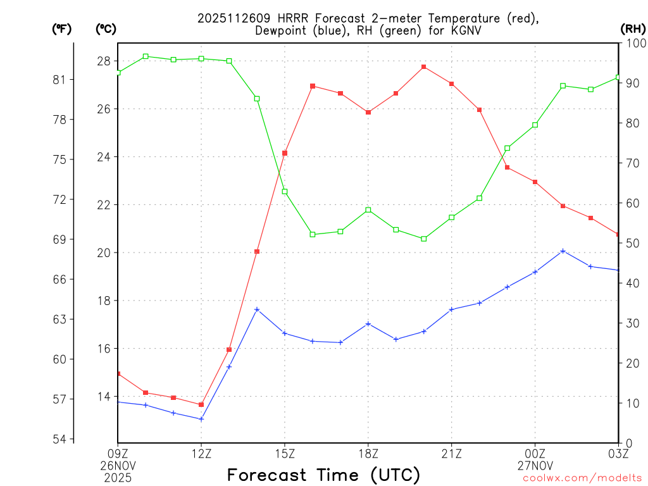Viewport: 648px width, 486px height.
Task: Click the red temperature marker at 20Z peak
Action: pyautogui.click(x=424, y=66)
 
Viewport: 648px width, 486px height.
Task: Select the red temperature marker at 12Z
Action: pyautogui.click(x=201, y=404)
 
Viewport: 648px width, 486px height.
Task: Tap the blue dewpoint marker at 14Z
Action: pyautogui.click(x=257, y=309)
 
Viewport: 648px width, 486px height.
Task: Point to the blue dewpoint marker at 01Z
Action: pyautogui.click(x=563, y=251)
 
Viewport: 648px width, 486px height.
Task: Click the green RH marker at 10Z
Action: pyautogui.click(x=146, y=56)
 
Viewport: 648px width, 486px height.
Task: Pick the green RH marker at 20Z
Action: pyautogui.click(x=424, y=239)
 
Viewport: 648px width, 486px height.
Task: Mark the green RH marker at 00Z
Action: pyautogui.click(x=535, y=125)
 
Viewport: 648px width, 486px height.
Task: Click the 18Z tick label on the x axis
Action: pyautogui.click(x=368, y=453)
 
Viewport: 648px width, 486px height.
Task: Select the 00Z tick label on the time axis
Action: pyautogui.click(x=535, y=453)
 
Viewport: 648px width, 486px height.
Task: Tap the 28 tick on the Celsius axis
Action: pyautogui.click(x=104, y=61)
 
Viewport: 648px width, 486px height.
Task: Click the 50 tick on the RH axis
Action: pyautogui.click(x=631, y=244)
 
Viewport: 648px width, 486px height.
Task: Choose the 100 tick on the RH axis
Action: pyautogui.click(x=634, y=44)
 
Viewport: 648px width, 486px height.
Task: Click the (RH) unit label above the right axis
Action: pyautogui.click(x=632, y=28)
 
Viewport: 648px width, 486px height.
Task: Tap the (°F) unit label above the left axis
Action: pyautogui.click(x=61, y=28)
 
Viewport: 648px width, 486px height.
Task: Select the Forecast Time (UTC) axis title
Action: pyautogui.click(x=323, y=475)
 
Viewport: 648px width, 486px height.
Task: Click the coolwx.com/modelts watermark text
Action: pyautogui.click(x=582, y=478)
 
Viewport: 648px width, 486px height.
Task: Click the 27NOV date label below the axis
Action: pyautogui.click(x=535, y=464)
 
